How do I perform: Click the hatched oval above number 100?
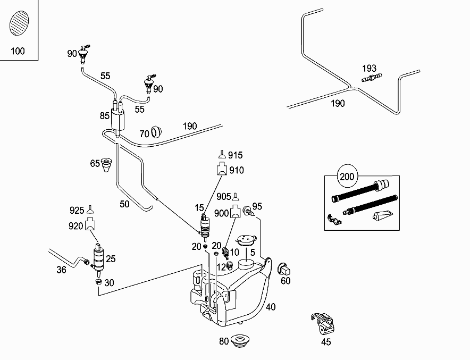click(19, 23)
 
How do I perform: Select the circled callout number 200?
click(347, 176)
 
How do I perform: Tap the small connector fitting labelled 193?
click(372, 78)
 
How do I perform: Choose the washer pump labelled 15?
click(205, 227)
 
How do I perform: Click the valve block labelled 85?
click(117, 119)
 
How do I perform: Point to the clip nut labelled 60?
click(284, 269)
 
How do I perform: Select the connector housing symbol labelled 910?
click(222, 169)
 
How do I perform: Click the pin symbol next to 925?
click(90, 210)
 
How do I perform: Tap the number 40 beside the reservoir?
click(271, 307)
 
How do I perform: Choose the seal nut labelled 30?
click(98, 282)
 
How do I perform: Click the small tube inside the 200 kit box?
click(382, 215)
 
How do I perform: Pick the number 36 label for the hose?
click(62, 270)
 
